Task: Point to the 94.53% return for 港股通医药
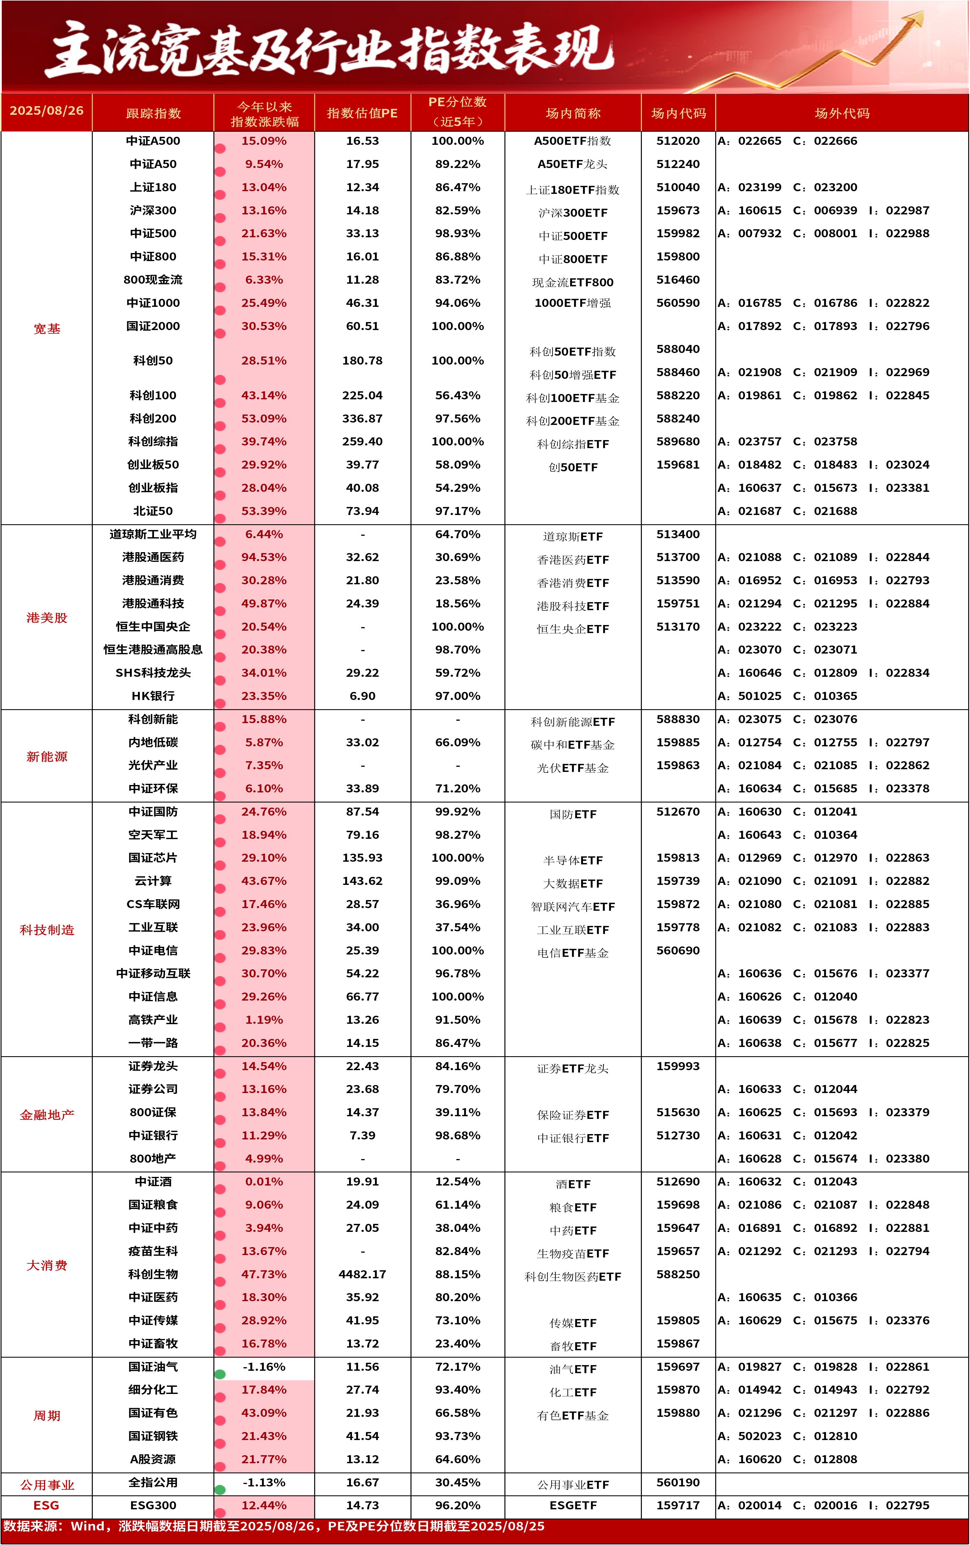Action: click(264, 557)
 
